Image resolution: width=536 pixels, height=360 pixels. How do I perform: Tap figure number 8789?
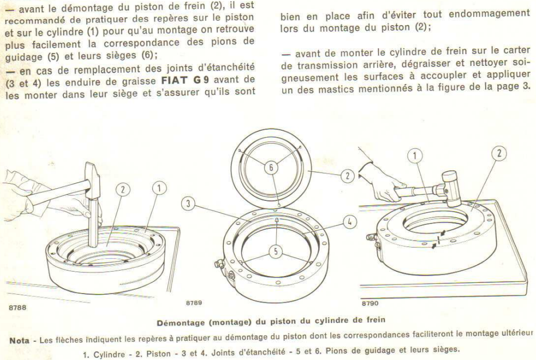194,303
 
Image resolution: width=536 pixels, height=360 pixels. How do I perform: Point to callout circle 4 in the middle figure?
348,220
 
